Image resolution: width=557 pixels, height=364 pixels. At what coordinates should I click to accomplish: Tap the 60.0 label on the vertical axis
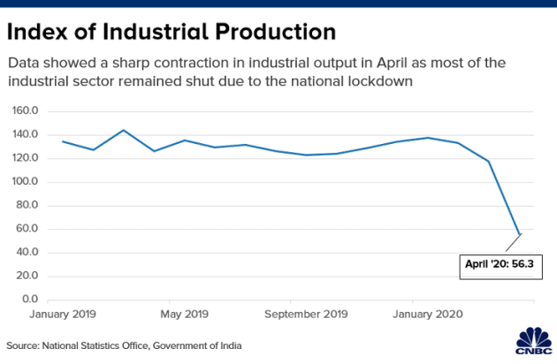[29, 230]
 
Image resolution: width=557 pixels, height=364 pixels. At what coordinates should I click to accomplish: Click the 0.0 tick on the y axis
[32, 300]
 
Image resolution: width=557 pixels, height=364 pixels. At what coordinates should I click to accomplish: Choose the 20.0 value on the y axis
[29, 277]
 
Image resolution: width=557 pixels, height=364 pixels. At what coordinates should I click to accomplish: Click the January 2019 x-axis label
[63, 314]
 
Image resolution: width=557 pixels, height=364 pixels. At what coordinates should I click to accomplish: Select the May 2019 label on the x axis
[185, 314]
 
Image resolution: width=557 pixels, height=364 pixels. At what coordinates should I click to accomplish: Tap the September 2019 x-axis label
[306, 314]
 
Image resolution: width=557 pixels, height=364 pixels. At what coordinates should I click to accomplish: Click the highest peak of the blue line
[124, 130]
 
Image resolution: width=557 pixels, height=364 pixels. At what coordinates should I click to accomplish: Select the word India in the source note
[228, 345]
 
